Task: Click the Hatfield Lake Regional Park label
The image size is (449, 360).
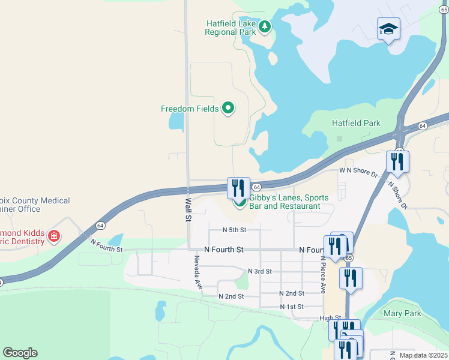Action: click(231, 28)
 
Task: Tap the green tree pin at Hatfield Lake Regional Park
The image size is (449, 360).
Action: click(265, 26)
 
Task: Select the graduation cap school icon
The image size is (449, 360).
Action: click(388, 28)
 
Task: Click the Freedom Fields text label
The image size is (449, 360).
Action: click(189, 109)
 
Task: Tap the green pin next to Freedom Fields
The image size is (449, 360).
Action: click(228, 108)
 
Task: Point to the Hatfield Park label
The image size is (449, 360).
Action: click(356, 124)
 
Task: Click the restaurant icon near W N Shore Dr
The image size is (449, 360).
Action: click(397, 161)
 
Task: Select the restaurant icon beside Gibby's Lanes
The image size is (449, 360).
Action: click(238, 187)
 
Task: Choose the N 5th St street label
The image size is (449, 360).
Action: click(234, 230)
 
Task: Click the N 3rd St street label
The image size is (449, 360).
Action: click(259, 271)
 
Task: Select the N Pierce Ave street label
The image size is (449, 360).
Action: click(323, 275)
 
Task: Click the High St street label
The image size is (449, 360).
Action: click(330, 319)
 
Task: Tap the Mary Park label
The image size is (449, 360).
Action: click(402, 313)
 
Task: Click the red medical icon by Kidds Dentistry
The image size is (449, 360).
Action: click(54, 236)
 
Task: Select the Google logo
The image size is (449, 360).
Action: click(20, 353)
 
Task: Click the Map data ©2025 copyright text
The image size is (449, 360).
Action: click(423, 355)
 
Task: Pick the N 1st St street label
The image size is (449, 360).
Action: click(292, 307)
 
